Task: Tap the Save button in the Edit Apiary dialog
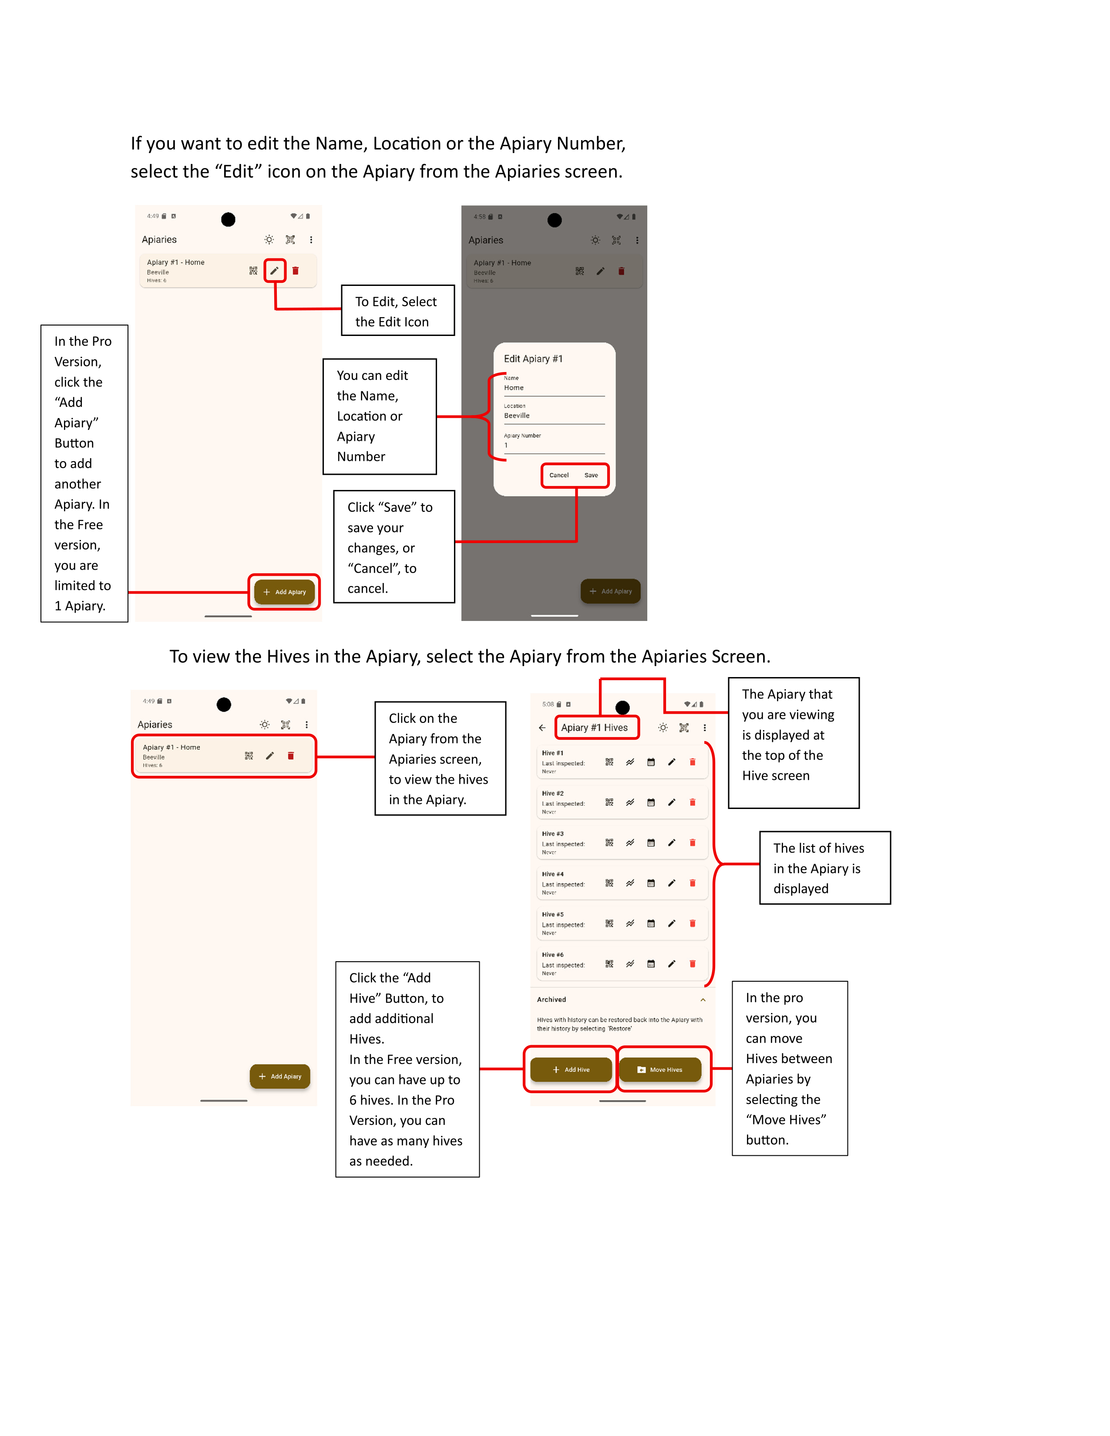click(x=591, y=475)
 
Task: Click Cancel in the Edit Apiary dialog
click(x=559, y=475)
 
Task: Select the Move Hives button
click(x=660, y=1070)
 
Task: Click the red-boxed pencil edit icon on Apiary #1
click(x=275, y=270)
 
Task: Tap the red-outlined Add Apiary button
click(x=285, y=592)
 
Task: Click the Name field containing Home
click(x=554, y=388)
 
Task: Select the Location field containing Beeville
click(x=554, y=416)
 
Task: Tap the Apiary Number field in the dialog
click(x=554, y=445)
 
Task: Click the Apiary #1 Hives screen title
click(x=595, y=727)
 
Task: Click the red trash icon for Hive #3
click(x=693, y=843)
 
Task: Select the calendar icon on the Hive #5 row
click(x=651, y=924)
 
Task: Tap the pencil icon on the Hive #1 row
click(x=671, y=762)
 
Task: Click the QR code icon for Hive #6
click(x=609, y=964)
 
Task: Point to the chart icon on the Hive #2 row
click(x=630, y=803)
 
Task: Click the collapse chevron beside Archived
click(x=703, y=1000)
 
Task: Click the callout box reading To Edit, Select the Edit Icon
click(x=397, y=311)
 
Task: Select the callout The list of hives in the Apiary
click(x=824, y=868)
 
